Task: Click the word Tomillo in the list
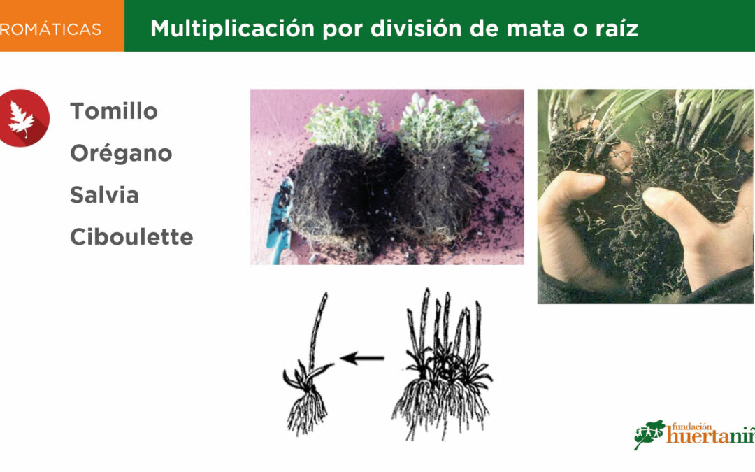[x=114, y=111]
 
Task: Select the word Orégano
[x=121, y=153]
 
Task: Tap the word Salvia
[x=104, y=195]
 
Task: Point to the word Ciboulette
[x=131, y=237]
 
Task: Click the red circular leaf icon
[x=22, y=118]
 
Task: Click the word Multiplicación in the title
[x=233, y=29]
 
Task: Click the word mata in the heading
[x=535, y=29]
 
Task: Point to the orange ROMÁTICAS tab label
[x=50, y=29]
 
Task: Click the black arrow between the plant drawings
[x=362, y=358]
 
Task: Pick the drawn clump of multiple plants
[x=443, y=364]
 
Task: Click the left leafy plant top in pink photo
[x=344, y=126]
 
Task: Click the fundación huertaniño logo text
[x=711, y=433]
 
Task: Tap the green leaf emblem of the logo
[x=649, y=434]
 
